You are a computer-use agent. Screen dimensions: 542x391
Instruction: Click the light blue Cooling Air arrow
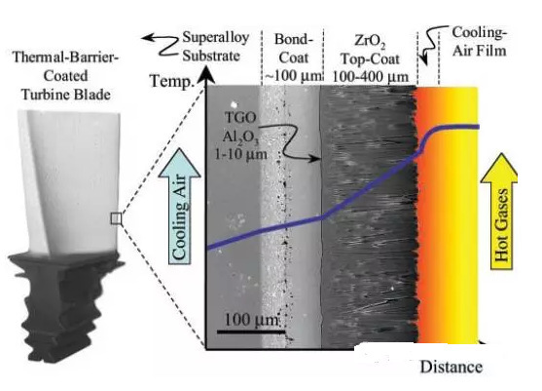click(179, 206)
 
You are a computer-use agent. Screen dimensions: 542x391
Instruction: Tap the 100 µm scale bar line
click(251, 332)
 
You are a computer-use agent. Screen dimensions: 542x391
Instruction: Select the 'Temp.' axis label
click(171, 81)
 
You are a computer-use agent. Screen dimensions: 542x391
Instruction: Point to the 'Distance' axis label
click(452, 367)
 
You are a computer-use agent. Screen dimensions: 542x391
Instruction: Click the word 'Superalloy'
click(216, 37)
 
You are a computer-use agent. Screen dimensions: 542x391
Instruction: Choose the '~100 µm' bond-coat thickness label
click(293, 75)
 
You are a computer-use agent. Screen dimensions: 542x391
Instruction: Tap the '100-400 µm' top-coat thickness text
click(370, 76)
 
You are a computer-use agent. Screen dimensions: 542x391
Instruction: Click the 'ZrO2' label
click(370, 41)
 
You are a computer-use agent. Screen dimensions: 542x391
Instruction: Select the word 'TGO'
click(240, 118)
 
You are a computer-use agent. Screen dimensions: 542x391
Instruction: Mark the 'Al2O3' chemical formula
click(240, 137)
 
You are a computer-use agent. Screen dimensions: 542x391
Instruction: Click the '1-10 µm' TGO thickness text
click(241, 154)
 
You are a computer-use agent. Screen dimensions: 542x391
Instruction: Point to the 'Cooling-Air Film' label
click(479, 42)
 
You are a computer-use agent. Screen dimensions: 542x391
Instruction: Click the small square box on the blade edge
click(116, 218)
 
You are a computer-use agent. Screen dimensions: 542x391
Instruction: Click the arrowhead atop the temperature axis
click(206, 75)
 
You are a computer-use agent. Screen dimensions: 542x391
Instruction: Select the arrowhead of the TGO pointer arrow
click(315, 159)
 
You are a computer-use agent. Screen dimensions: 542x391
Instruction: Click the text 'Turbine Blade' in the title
click(66, 95)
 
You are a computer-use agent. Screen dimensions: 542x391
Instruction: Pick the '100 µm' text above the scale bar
click(251, 320)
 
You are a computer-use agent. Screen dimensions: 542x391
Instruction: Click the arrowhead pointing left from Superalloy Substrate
click(148, 37)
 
